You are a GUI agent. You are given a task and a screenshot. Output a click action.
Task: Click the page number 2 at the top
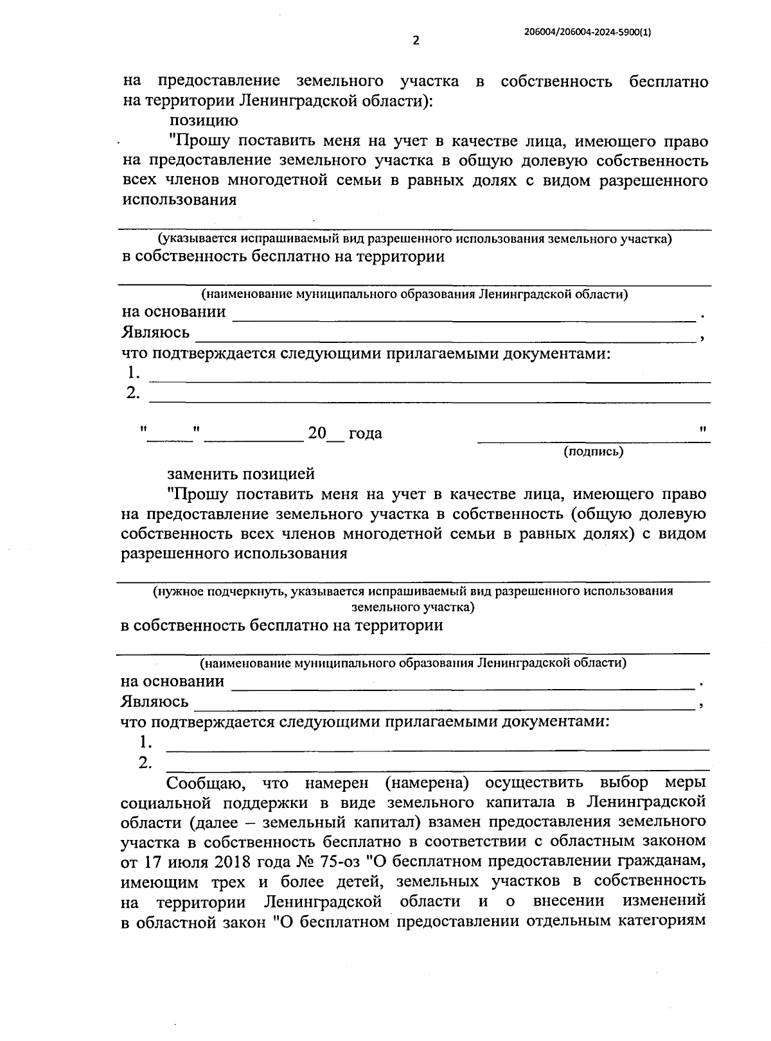(415, 40)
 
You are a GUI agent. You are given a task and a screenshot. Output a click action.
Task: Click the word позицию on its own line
(204, 121)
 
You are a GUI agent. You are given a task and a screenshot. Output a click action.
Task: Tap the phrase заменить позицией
(241, 474)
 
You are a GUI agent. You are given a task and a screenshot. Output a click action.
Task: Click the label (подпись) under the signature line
(593, 451)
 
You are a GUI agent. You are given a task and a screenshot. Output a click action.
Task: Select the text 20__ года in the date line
(344, 433)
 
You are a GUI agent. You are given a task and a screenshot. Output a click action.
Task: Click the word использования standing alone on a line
(179, 199)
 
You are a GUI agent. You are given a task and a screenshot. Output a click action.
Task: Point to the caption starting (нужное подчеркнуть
(412, 591)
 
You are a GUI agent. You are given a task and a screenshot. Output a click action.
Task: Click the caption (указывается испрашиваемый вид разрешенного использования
(415, 239)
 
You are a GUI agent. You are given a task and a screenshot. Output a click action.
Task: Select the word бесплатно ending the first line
(668, 82)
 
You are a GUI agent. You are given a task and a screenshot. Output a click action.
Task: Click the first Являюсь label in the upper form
(155, 333)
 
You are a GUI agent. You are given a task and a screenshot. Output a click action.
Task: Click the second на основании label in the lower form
(173, 681)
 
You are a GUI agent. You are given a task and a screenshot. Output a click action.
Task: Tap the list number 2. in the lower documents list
(145, 763)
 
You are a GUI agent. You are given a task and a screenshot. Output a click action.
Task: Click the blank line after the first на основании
(463, 317)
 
